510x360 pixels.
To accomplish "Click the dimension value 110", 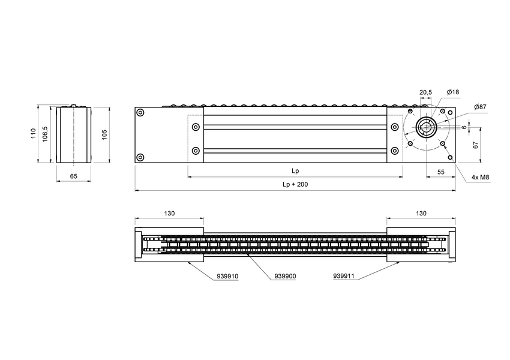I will pos(34,134).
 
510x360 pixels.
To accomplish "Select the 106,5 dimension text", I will pos(45,134).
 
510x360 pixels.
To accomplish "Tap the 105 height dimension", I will pos(104,134).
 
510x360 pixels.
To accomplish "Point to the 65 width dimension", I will pos(73,176).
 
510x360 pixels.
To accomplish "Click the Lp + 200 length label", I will pos(295,185).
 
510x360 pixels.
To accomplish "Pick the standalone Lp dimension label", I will pos(295,171).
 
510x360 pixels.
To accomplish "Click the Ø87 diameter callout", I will pos(479,107).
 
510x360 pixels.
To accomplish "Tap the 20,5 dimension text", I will pos(425,92).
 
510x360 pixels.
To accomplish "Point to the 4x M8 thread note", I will pos(481,178).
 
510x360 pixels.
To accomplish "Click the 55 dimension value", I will pos(441,172).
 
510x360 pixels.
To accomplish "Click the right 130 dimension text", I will pos(421,214).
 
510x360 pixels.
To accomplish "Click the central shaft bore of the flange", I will pos(427,127).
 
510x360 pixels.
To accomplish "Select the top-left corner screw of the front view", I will pos(140,113).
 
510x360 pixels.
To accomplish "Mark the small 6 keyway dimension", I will pos(465,127).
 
